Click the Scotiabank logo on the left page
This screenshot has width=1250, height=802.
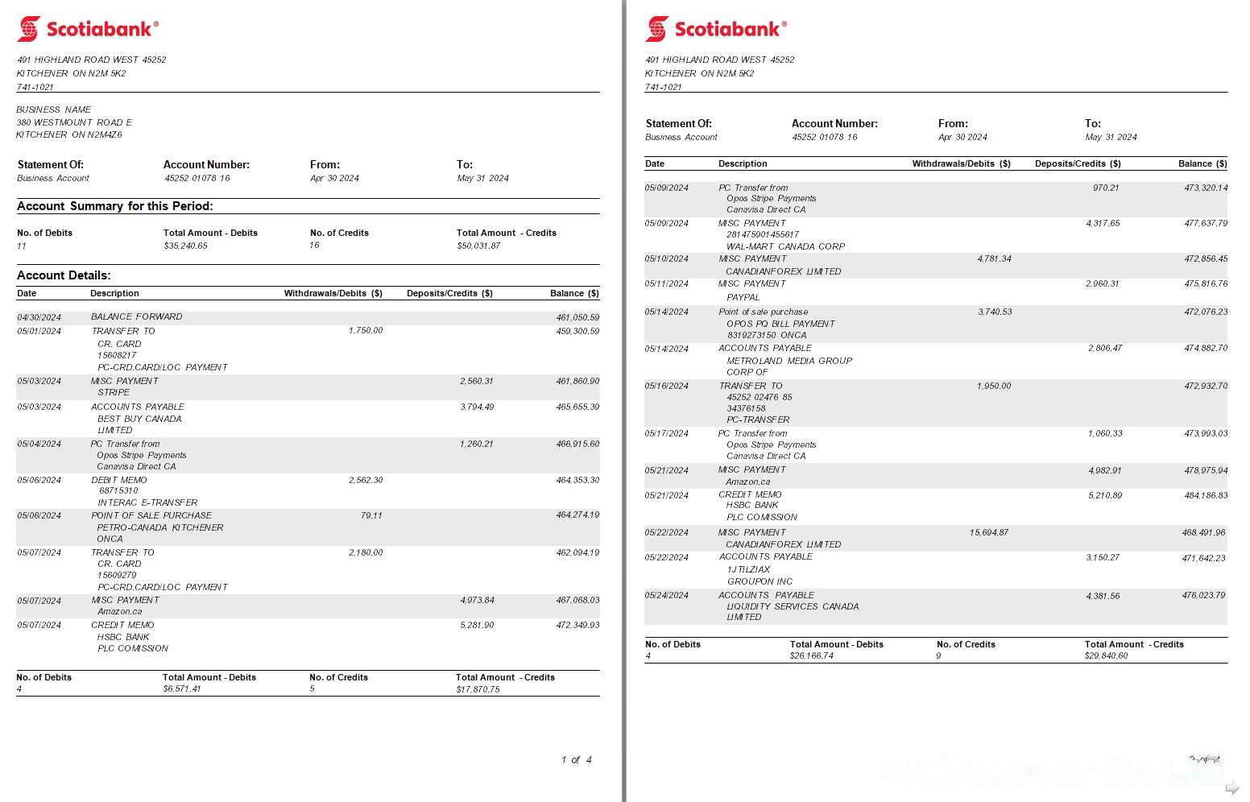tap(87, 29)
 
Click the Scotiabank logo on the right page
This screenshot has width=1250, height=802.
tap(715, 29)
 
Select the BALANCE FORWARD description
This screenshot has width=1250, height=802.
tap(136, 317)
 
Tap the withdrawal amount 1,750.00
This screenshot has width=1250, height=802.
tap(366, 331)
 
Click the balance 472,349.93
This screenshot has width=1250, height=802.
tap(577, 626)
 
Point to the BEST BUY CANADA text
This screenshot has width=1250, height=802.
tap(139, 419)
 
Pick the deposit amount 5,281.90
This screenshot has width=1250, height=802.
tap(477, 626)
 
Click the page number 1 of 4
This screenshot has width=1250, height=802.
tap(577, 760)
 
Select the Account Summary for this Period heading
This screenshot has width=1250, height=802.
tap(115, 206)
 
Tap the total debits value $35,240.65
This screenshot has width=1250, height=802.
tap(185, 246)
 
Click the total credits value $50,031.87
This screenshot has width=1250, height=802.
tap(478, 246)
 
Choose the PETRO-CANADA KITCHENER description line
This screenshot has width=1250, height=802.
tap(160, 527)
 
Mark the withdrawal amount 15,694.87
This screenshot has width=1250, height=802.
tap(989, 533)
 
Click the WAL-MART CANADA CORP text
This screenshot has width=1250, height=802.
tap(785, 246)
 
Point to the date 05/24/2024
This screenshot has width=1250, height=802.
tap(666, 596)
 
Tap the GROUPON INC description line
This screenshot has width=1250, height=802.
tap(760, 581)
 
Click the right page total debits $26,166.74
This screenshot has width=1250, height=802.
tap(811, 656)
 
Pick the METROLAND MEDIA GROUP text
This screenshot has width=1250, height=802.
tap(789, 361)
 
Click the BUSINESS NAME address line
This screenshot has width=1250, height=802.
tap(54, 110)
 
